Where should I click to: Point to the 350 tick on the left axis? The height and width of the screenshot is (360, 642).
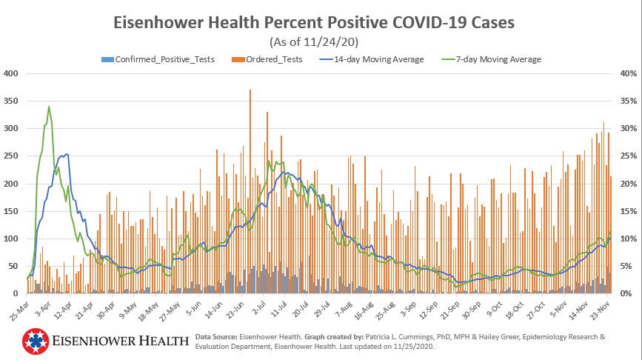coord(12,101)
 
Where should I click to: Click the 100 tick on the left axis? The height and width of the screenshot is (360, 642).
coord(12,239)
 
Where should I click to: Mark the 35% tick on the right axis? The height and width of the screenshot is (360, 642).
coord(628,101)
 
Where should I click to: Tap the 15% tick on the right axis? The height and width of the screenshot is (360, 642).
coord(628,211)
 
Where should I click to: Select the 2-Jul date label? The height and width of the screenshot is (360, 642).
coord(258,307)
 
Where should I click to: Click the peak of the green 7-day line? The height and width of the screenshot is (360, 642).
coord(49,107)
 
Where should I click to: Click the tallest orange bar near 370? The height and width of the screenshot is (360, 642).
coord(250,91)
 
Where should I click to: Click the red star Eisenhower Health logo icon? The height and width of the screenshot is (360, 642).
coord(34,341)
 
